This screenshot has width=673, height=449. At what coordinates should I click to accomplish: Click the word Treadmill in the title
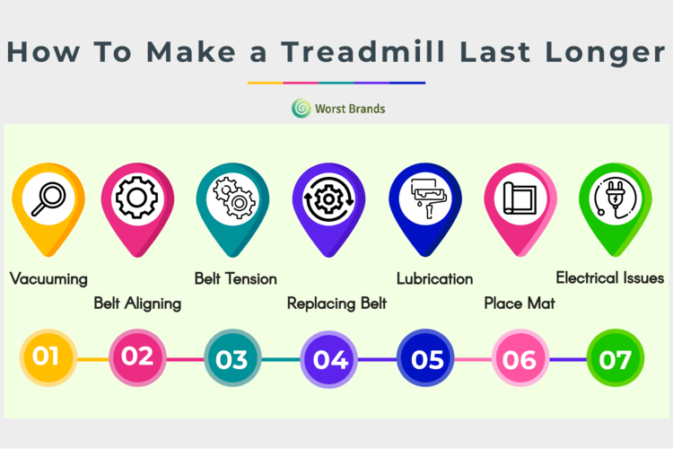click(x=364, y=51)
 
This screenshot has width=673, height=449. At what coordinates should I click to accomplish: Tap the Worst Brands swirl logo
click(x=302, y=109)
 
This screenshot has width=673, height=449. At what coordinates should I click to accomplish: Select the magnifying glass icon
click(x=48, y=199)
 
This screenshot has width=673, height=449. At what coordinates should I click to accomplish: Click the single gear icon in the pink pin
click(x=137, y=198)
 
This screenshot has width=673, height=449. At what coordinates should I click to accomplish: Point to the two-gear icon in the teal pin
click(x=234, y=198)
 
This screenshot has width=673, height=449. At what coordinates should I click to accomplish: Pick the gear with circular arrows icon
click(x=328, y=199)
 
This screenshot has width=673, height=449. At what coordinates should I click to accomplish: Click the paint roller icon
click(x=427, y=198)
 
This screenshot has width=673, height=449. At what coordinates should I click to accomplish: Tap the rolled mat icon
click(x=520, y=198)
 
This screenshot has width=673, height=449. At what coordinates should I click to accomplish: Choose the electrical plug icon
click(x=615, y=198)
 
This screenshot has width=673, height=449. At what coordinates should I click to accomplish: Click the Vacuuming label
click(x=48, y=279)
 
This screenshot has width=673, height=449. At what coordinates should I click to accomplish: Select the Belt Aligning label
click(x=137, y=304)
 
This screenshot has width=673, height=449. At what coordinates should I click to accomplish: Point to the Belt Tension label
click(x=236, y=279)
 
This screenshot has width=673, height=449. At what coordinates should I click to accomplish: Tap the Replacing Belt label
click(x=336, y=304)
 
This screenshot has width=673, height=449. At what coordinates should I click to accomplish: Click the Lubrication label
click(x=435, y=279)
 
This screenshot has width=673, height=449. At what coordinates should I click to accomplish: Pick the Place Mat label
click(x=520, y=304)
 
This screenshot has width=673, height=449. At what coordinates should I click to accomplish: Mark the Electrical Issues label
click(x=610, y=278)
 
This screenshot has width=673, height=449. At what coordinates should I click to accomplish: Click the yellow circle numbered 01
click(x=48, y=357)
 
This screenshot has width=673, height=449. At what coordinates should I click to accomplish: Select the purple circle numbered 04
click(x=328, y=359)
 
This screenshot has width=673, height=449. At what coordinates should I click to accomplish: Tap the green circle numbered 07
click(x=616, y=358)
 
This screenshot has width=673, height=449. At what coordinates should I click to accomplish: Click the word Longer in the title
click(x=605, y=53)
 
